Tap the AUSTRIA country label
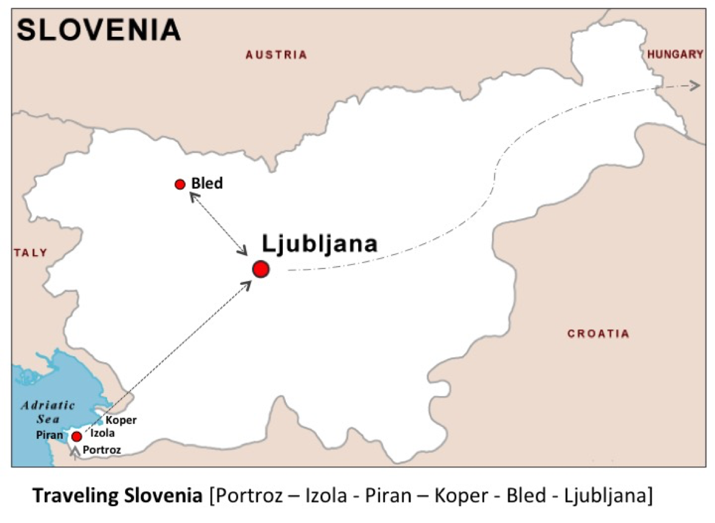click(276, 55)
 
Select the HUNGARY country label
click(675, 54)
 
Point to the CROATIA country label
click(598, 333)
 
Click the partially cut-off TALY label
click(30, 253)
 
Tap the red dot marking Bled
click(180, 184)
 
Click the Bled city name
click(207, 183)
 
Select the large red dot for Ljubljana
click(260, 269)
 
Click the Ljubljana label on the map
click(320, 244)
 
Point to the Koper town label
click(121, 420)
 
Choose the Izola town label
click(103, 433)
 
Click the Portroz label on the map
click(102, 450)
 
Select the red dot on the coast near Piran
click(76, 437)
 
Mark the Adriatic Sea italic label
click(48, 411)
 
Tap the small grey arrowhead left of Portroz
click(74, 450)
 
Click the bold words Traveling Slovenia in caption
click(118, 496)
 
